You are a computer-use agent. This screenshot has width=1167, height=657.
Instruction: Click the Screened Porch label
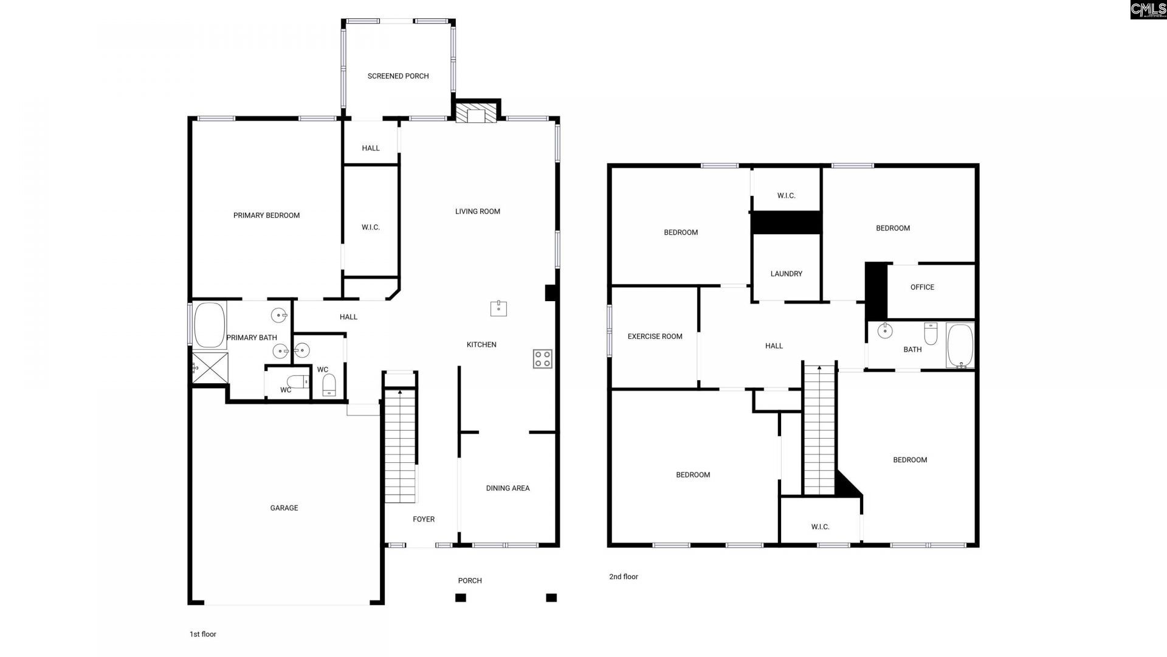[398, 76]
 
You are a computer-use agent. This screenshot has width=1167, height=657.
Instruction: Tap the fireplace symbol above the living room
[476, 114]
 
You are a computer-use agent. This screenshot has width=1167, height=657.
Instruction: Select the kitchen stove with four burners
[542, 359]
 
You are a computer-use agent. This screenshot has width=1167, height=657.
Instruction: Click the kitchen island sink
[498, 308]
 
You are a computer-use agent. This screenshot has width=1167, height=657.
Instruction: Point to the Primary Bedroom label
[266, 215]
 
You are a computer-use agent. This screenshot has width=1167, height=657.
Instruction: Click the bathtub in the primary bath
[209, 325]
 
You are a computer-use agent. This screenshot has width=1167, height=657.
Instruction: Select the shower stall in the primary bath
[210, 368]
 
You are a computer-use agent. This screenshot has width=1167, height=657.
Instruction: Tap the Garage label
[284, 508]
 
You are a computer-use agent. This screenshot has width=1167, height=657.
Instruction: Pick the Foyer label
[424, 520]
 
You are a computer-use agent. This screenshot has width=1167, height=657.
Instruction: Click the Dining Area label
[508, 488]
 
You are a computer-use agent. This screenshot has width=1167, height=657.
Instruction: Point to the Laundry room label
[786, 274]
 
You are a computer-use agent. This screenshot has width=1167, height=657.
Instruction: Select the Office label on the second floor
[922, 287]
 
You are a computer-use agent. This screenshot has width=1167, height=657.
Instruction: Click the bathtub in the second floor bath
[960, 346]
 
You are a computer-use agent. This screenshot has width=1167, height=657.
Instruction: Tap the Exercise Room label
[655, 336]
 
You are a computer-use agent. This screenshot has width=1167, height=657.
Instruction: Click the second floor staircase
[819, 429]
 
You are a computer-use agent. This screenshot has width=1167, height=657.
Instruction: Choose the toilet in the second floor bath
[931, 333]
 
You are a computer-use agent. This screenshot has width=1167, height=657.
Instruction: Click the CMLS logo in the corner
[1148, 9]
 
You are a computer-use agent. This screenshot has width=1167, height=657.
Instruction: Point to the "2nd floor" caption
[624, 577]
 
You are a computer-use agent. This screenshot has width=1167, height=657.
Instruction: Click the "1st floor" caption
[203, 634]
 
